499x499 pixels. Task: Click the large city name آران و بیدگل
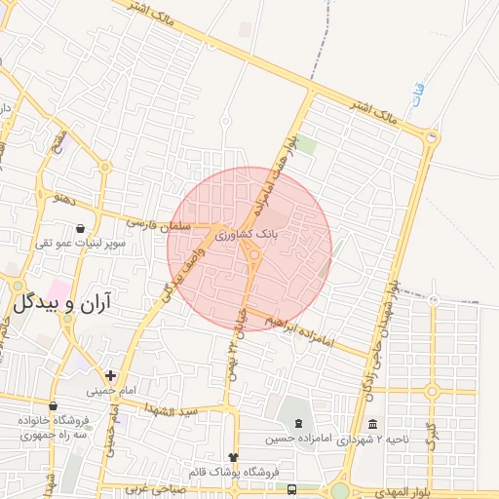(x=61, y=303)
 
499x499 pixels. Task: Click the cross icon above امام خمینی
(x=110, y=375)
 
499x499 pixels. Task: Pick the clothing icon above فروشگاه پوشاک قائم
(x=232, y=457)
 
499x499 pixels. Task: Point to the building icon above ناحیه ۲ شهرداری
(x=373, y=424)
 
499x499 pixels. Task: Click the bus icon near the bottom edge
(x=293, y=487)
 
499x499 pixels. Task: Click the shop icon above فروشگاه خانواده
(x=53, y=406)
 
